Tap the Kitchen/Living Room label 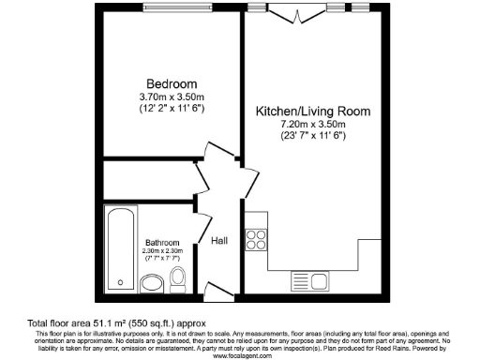(x=313, y=111)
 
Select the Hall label (x=219, y=241)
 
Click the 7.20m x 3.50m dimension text (x=313, y=125)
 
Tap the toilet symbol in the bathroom (x=180, y=278)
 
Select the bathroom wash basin (x=152, y=283)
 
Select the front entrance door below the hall (x=217, y=296)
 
